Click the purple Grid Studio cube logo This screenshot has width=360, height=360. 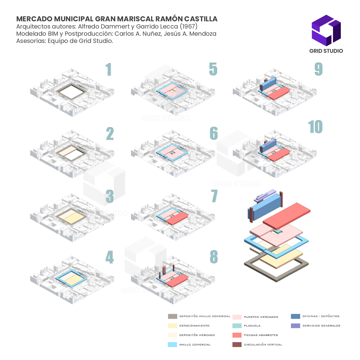(326, 30)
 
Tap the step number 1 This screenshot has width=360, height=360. (109, 70)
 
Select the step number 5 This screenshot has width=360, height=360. (213, 69)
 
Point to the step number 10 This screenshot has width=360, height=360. (315, 127)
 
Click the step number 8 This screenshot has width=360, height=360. (214, 257)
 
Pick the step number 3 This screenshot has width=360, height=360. (110, 196)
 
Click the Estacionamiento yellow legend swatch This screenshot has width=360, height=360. (172, 325)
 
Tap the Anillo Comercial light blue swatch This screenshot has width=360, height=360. (172, 344)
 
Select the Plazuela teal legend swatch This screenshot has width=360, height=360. (237, 325)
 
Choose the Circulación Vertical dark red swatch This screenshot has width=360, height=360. (237, 344)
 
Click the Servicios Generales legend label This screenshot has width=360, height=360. (321, 325)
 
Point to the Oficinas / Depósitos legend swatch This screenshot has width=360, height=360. (295, 316)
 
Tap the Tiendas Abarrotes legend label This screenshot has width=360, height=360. (261, 335)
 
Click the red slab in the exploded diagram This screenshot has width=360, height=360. (288, 214)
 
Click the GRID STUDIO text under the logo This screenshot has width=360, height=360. (326, 51)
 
